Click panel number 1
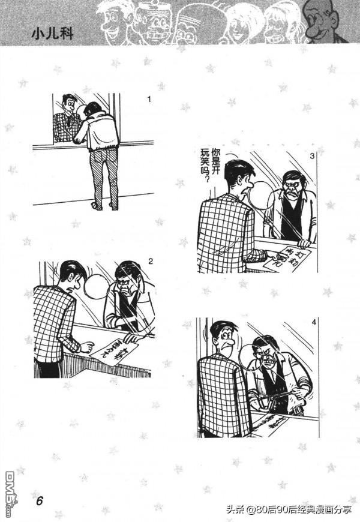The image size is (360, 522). (149, 98)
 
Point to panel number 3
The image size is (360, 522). (312, 156)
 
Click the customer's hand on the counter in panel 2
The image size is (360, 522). (87, 346)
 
